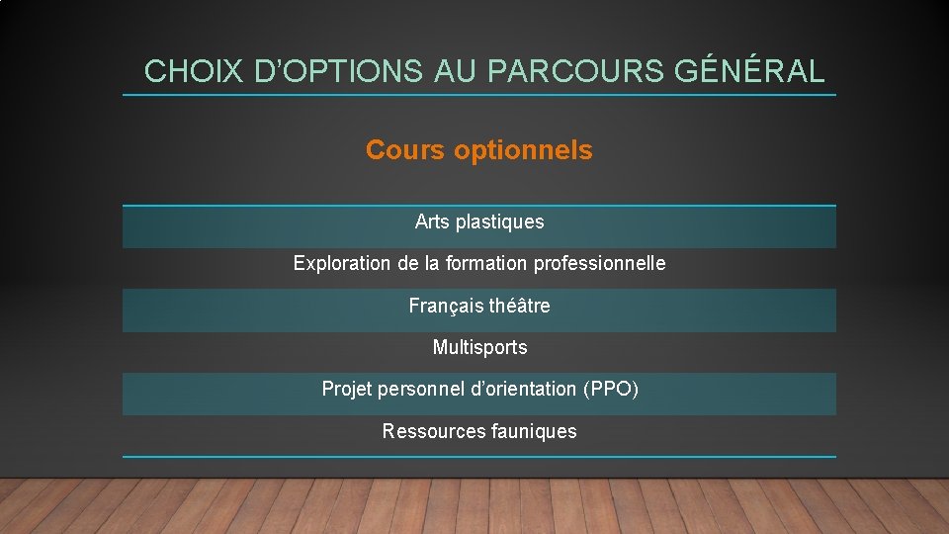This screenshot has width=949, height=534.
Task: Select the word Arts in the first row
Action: point(432,222)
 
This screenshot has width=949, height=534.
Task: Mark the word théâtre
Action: point(519,306)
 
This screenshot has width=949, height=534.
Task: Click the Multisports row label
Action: point(479,347)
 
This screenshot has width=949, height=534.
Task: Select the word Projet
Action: point(345,389)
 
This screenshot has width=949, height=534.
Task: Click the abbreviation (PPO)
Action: point(613,389)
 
